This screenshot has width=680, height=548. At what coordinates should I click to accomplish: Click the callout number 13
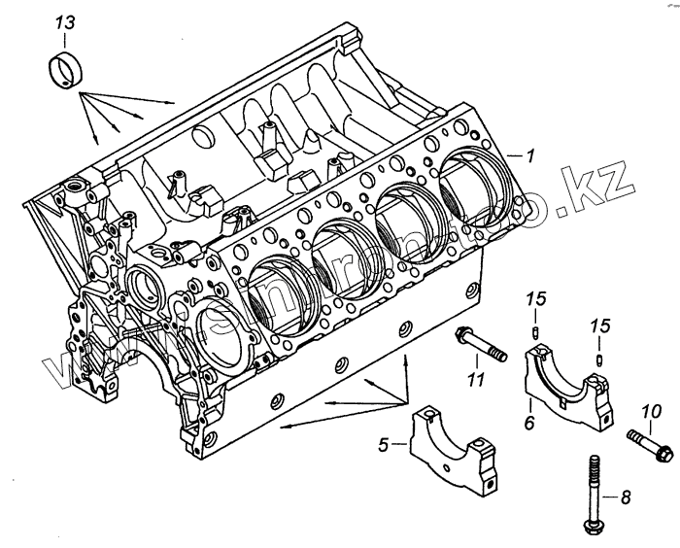coord(63,21)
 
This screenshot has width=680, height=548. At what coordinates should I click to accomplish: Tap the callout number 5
coord(383,445)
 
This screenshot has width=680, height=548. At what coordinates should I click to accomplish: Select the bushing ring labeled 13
coord(65,70)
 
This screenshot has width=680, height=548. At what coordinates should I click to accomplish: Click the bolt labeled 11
coord(481,345)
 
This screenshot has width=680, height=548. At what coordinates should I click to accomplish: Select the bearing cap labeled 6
coord(569,387)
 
